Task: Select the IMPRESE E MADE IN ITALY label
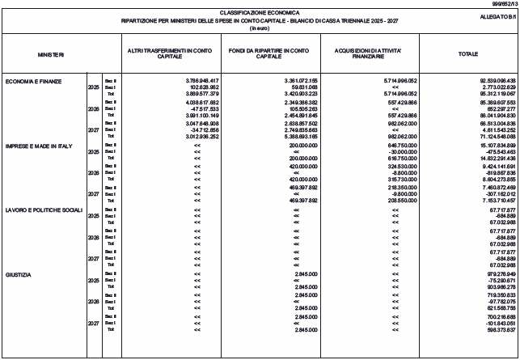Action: [34, 145]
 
